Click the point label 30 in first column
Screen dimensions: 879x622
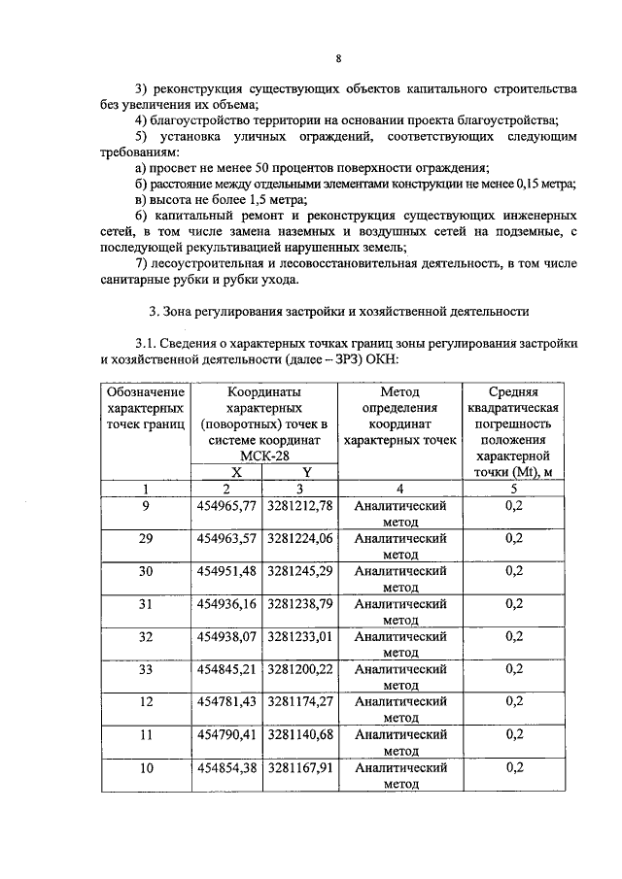pos(146,571)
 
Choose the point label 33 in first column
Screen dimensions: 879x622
pos(146,668)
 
